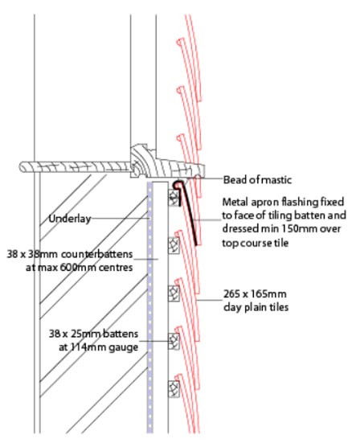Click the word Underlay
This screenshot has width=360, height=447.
click(x=70, y=219)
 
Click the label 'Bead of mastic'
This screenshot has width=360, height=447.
click(x=257, y=180)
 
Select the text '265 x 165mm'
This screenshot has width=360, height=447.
click(x=255, y=294)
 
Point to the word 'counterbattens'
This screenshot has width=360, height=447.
click(x=97, y=254)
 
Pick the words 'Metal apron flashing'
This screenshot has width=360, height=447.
click(x=271, y=202)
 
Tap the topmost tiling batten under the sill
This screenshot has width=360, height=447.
click(x=174, y=197)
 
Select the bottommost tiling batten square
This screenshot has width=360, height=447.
click(x=174, y=389)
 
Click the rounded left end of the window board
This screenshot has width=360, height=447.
click(x=22, y=167)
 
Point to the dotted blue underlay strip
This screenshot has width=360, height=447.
click(x=149, y=307)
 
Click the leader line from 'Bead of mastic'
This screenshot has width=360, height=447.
click(x=204, y=178)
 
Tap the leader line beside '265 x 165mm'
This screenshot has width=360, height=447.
click(x=209, y=300)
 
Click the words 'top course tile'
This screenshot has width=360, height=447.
click(x=256, y=243)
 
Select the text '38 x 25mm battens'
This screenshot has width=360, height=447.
click(x=93, y=334)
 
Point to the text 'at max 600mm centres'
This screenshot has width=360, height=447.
click(x=80, y=268)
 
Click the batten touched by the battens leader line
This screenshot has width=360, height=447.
click(x=174, y=341)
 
